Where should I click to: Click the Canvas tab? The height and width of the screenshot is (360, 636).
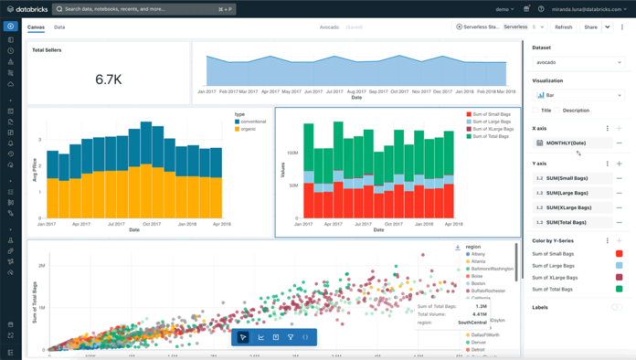coord(37,27)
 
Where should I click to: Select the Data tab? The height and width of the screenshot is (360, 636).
coord(59,27)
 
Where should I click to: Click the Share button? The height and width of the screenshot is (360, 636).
coord(590,27)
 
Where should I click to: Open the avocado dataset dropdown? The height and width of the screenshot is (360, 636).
coord(578,62)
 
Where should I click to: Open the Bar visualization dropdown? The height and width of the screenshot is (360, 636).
coord(578,95)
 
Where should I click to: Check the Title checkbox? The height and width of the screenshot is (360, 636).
coord(537,111)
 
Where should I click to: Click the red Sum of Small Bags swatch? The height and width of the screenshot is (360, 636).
coord(619,253)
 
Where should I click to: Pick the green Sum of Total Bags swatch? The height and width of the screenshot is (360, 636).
coord(619,289)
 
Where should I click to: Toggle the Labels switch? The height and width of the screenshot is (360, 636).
coord(616,307)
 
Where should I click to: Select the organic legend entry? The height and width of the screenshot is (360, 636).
coord(249,130)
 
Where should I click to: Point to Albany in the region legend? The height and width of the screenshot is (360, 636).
coord(479,255)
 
